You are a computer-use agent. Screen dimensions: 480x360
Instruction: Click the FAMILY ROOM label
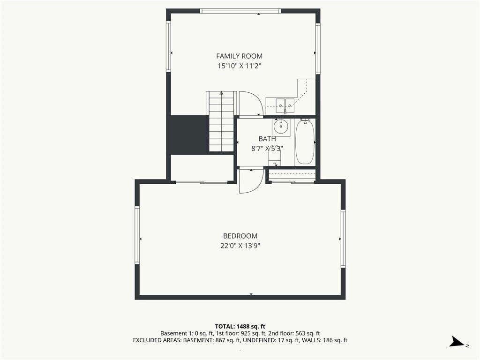coord(239,56)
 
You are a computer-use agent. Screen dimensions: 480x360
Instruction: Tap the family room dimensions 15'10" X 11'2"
coord(239,66)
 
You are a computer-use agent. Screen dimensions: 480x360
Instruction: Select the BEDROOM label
coord(240,236)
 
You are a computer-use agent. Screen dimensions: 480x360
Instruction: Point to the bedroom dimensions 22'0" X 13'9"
coord(240,246)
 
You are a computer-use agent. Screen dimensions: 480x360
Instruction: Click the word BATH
coord(267,139)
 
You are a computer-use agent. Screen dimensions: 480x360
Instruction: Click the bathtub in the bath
coord(305,142)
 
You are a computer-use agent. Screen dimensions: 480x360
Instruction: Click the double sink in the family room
coord(285,106)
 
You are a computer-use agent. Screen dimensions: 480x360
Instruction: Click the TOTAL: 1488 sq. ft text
coord(240,326)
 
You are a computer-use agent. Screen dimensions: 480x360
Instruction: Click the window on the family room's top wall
coord(240,11)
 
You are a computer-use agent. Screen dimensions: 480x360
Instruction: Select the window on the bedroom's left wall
coord(137,235)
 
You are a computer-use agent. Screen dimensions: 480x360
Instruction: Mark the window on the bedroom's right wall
coord(343,239)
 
